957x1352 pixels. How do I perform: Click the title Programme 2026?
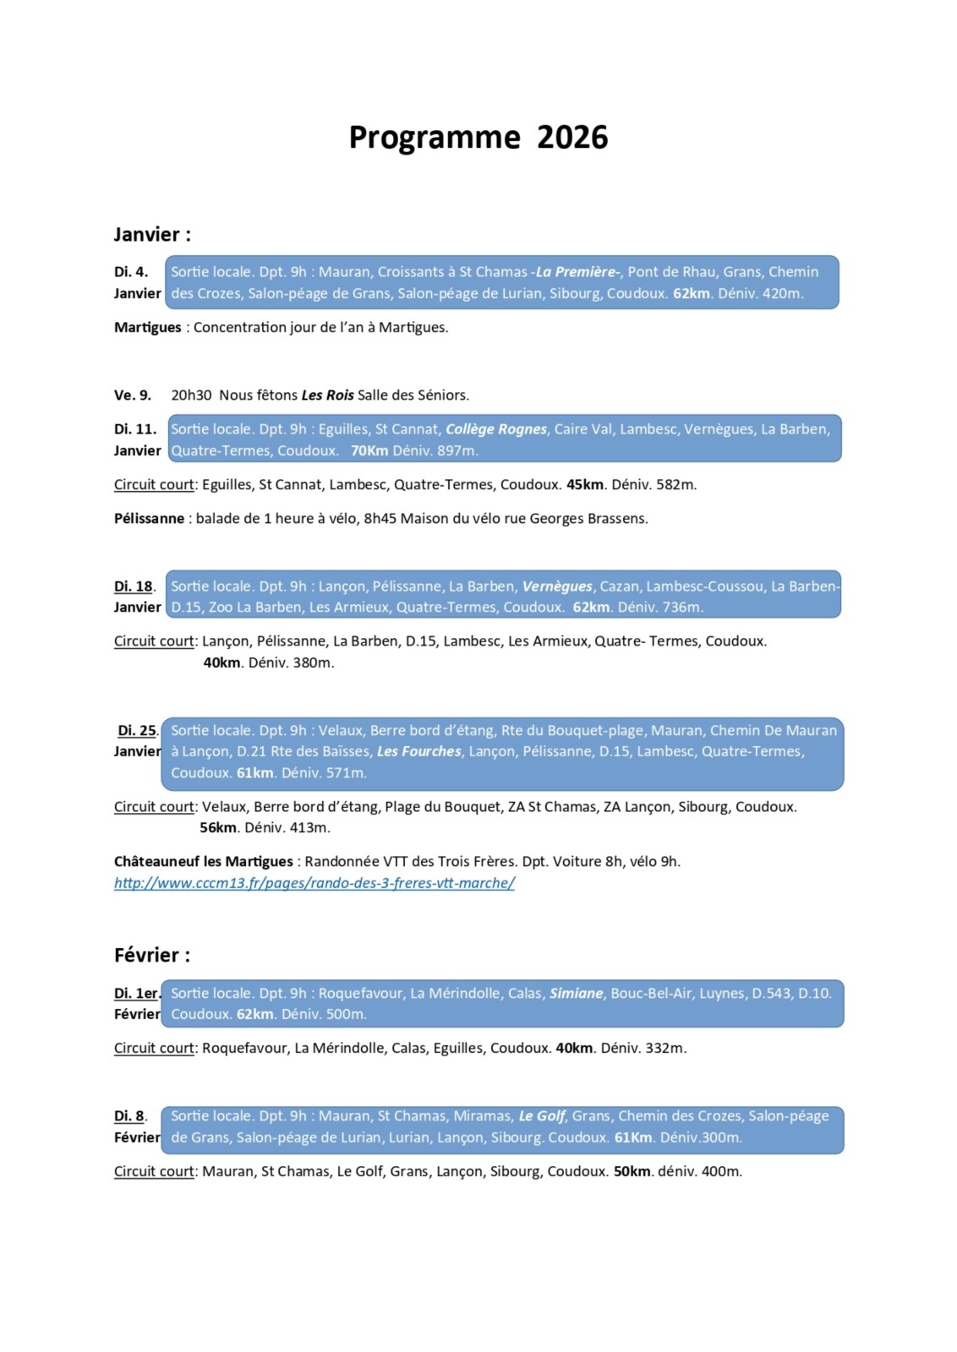[478, 138]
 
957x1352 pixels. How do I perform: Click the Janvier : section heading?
[152, 235]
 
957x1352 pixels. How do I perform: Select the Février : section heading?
[152, 956]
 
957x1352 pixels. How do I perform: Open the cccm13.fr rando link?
[314, 883]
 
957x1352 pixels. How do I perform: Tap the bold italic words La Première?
[577, 272]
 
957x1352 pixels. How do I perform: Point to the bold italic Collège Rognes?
[496, 429]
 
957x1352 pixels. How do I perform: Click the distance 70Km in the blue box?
[369, 451]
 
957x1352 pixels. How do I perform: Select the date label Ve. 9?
[133, 395]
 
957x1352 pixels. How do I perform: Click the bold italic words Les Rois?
[327, 395]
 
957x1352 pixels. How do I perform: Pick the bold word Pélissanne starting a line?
[149, 519]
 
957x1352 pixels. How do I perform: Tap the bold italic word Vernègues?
[557, 586]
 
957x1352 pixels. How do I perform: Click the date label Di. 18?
[134, 586]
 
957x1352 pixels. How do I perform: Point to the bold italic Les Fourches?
[418, 752]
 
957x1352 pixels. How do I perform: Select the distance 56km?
[217, 828]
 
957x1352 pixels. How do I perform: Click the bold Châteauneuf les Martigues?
[203, 862]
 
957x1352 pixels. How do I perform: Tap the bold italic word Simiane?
[577, 994]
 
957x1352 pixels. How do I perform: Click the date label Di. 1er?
[136, 994]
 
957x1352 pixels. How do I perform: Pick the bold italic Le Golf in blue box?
[542, 1116]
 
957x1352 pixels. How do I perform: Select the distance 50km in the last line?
[632, 1172]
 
